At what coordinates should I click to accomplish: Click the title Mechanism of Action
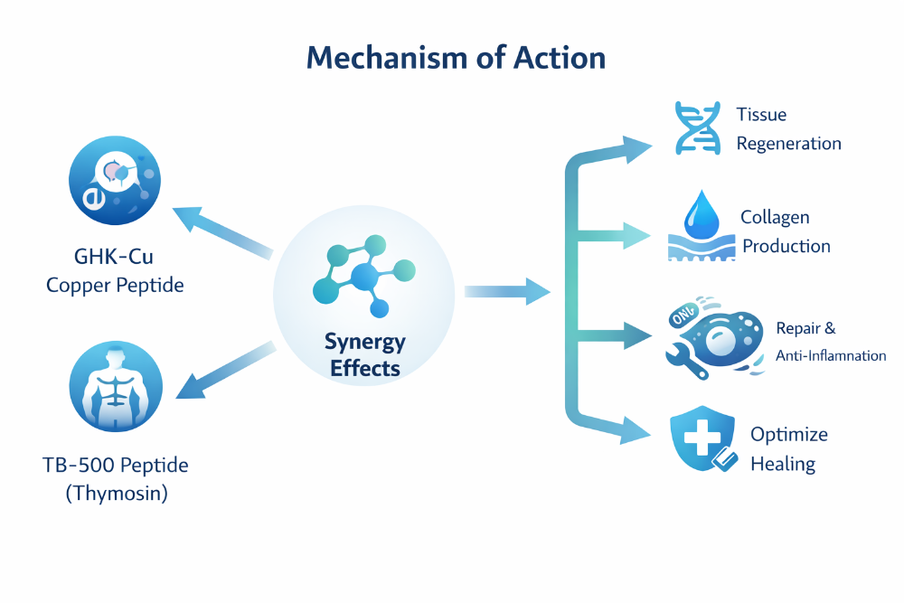(x=456, y=58)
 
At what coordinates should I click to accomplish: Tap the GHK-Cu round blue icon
(x=115, y=178)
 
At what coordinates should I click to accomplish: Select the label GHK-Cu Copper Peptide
(x=115, y=271)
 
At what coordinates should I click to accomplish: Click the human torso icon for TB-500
(x=115, y=386)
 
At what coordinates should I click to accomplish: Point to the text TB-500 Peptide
(x=115, y=466)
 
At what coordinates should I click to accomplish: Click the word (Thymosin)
(x=115, y=495)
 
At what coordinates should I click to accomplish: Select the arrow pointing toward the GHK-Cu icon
(x=217, y=231)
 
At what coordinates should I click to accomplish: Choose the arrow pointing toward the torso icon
(x=221, y=371)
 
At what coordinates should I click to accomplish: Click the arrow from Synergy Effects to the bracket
(x=506, y=291)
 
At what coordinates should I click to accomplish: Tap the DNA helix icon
(x=696, y=128)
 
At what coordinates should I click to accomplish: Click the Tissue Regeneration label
(x=787, y=129)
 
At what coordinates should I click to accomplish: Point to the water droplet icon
(x=701, y=213)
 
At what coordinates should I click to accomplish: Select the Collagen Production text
(x=785, y=231)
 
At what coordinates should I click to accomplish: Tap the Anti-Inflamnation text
(x=830, y=355)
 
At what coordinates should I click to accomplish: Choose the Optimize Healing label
(x=788, y=449)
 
